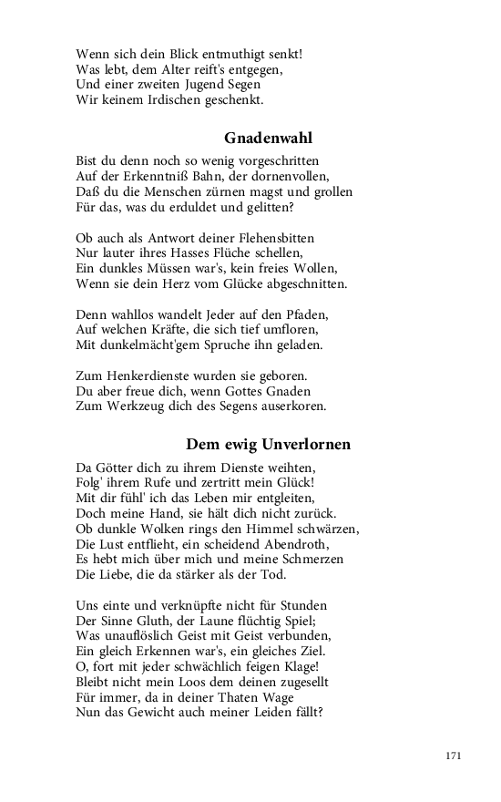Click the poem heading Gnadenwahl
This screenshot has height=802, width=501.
point(269,139)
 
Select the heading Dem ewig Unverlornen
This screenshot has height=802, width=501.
point(269,445)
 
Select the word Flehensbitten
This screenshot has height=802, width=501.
point(270,237)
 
